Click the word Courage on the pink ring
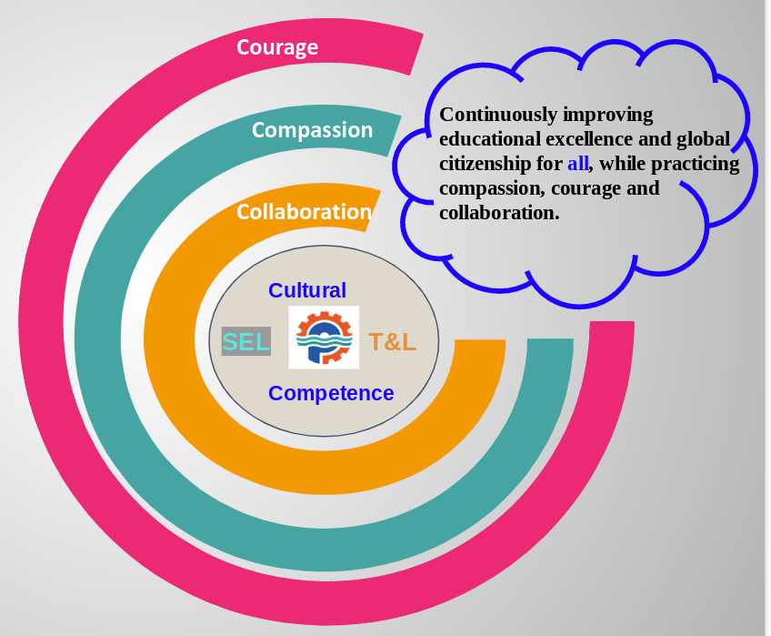click(277, 47)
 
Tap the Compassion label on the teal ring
click(312, 130)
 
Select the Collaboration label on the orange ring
click(304, 212)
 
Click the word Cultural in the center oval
click(307, 290)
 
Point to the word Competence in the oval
click(331, 393)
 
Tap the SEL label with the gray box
click(246, 342)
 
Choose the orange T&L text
click(392, 343)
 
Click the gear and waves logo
click(324, 338)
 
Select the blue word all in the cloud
click(577, 165)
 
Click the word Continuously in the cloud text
click(497, 116)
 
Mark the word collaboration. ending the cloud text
click(498, 214)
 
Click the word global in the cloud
click(705, 140)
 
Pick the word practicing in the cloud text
click(697, 165)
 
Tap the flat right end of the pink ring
click(611, 324)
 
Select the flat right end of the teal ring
click(550, 342)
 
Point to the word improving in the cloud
click(608, 116)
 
